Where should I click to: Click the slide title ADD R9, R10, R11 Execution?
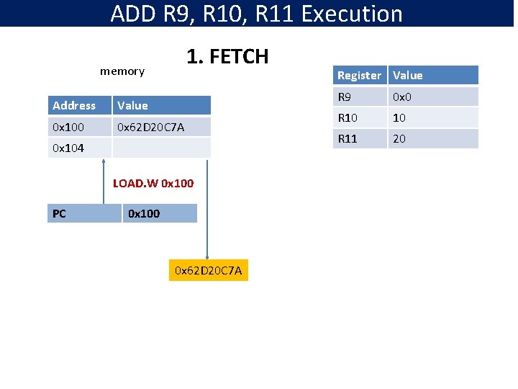click(x=257, y=14)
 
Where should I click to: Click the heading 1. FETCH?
click(x=227, y=56)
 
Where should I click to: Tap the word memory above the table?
click(x=122, y=71)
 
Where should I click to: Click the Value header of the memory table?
click(x=162, y=106)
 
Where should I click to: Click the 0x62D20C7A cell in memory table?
click(x=162, y=128)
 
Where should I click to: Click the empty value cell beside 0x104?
click(x=162, y=148)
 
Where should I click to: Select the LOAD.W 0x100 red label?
click(x=153, y=183)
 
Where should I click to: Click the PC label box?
click(x=83, y=213)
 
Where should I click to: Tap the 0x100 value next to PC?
click(x=159, y=213)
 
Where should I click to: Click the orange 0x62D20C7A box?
click(x=208, y=271)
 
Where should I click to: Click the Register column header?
click(x=360, y=75)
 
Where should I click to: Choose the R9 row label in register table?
click(x=360, y=97)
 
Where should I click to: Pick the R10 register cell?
click(x=360, y=117)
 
